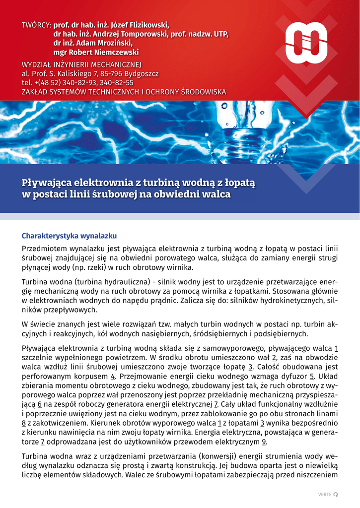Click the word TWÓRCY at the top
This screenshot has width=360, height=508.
36,25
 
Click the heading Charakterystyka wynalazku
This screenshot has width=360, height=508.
69,236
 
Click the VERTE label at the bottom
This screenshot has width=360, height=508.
324,494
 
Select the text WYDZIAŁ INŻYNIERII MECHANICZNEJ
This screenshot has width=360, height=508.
81,64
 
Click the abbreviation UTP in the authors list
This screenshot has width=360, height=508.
220,34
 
